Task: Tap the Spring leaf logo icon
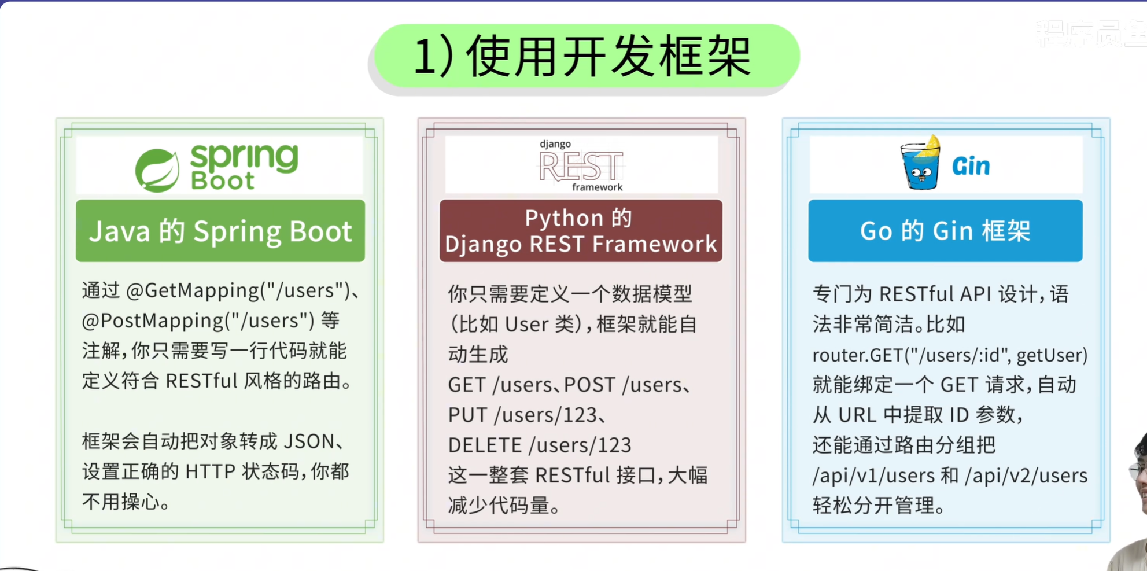[x=157, y=170]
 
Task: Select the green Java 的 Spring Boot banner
[x=220, y=231]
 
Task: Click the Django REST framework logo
[x=581, y=165]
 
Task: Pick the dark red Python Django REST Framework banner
[x=581, y=231]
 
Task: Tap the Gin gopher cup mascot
[x=920, y=164]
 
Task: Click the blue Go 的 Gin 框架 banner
[x=945, y=231]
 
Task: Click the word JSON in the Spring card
[x=309, y=441]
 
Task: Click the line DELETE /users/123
[x=539, y=445]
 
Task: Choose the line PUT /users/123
[x=522, y=415]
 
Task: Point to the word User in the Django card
[x=526, y=324]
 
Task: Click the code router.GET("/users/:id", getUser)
[x=950, y=355]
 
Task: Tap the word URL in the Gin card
[x=858, y=415]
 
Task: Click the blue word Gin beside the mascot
[x=971, y=167]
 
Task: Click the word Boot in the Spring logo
[x=222, y=181]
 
